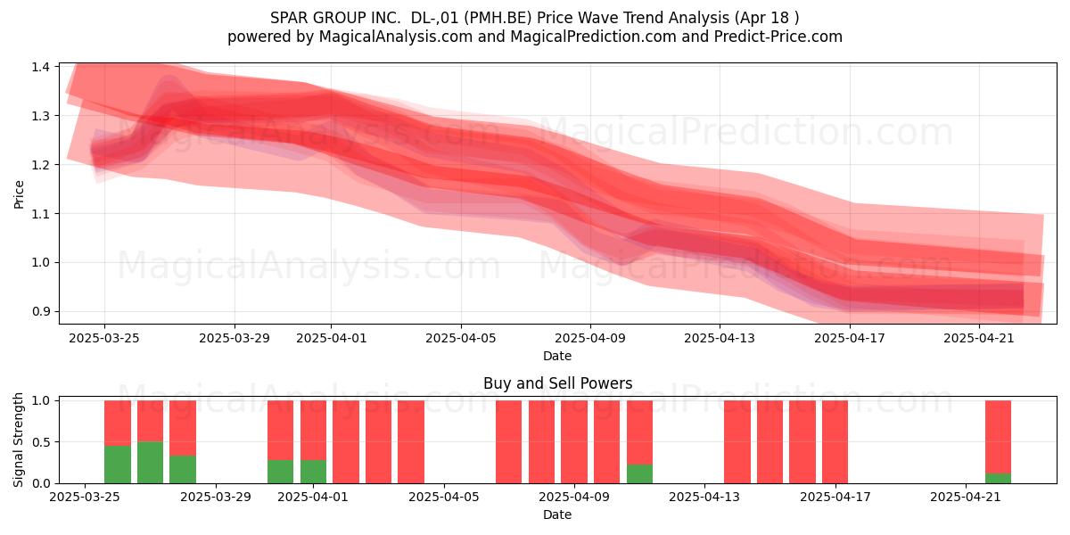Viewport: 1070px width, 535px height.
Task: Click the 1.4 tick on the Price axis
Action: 41,67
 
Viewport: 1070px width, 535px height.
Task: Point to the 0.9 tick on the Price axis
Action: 41,311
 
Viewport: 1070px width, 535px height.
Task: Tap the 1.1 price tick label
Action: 41,213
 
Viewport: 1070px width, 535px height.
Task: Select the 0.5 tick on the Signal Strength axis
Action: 41,442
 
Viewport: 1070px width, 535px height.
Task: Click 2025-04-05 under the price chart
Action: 461,338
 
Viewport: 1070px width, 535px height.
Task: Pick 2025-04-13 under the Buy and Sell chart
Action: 704,497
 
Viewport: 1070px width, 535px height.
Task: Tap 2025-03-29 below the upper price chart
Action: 234,338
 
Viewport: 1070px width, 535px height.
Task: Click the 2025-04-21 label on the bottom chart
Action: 966,497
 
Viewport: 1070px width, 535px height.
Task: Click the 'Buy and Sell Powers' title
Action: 557,383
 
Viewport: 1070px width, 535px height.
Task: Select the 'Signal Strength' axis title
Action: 18,440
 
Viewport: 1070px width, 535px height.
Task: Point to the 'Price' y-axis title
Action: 19,194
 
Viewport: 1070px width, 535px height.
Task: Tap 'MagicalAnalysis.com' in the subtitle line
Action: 396,37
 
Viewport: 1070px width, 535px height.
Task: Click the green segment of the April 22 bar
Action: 998,478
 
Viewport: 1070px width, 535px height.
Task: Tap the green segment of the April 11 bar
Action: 639,473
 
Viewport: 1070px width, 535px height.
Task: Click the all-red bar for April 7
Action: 509,442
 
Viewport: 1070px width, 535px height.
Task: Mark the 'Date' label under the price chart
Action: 557,356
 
